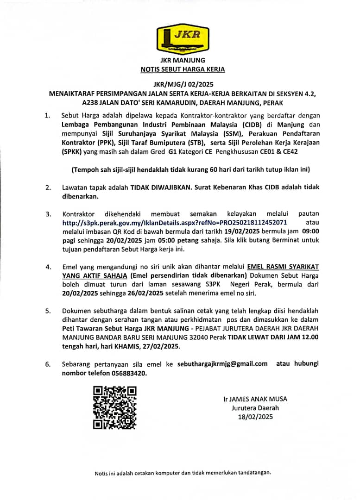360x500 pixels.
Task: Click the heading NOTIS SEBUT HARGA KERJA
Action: pos(182,69)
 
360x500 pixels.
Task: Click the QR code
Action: pos(114,407)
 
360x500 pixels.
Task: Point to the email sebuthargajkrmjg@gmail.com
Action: pos(222,363)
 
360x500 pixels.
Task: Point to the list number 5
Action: pos(48,311)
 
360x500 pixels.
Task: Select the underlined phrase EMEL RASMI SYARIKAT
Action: pos(283,267)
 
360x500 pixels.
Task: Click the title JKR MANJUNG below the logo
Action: pos(182,60)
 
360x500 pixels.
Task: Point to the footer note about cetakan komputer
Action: pos(182,473)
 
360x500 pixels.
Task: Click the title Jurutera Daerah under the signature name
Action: pos(255,408)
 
